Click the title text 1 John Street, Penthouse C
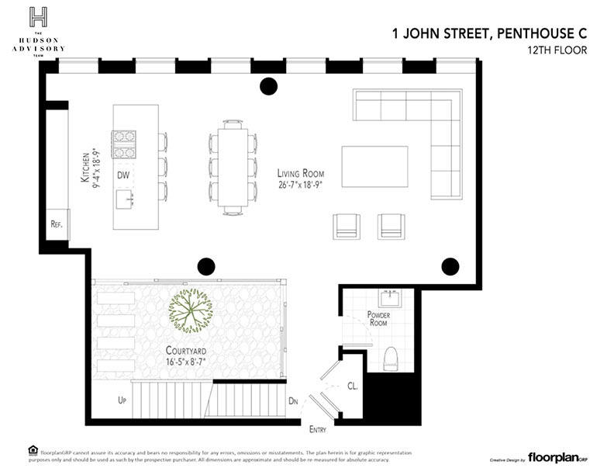488,33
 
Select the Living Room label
301,178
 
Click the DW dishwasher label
122,175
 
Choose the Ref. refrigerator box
56,224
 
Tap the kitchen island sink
125,200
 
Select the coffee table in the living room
374,166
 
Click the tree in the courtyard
191,310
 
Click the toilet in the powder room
391,357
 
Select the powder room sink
389,298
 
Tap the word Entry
317,429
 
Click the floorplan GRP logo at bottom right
557,457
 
